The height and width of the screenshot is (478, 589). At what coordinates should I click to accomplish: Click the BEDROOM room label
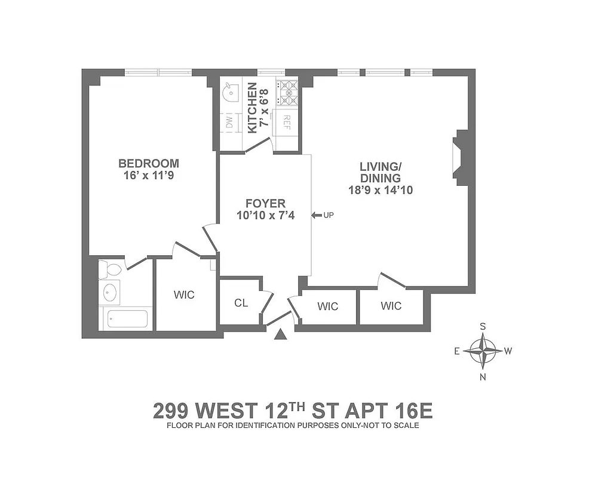point(148,163)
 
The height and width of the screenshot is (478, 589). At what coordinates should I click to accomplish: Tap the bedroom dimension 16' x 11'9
point(148,176)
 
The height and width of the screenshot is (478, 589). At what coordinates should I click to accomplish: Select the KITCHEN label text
point(252,108)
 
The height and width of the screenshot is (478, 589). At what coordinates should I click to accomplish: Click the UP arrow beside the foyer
point(317,215)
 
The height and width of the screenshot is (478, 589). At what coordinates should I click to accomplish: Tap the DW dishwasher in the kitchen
point(229,122)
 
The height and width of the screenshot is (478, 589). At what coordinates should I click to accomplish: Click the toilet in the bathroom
point(111,270)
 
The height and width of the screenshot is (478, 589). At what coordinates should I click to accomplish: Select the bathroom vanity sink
point(111,293)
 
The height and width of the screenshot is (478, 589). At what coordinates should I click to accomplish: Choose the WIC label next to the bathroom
point(184,295)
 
